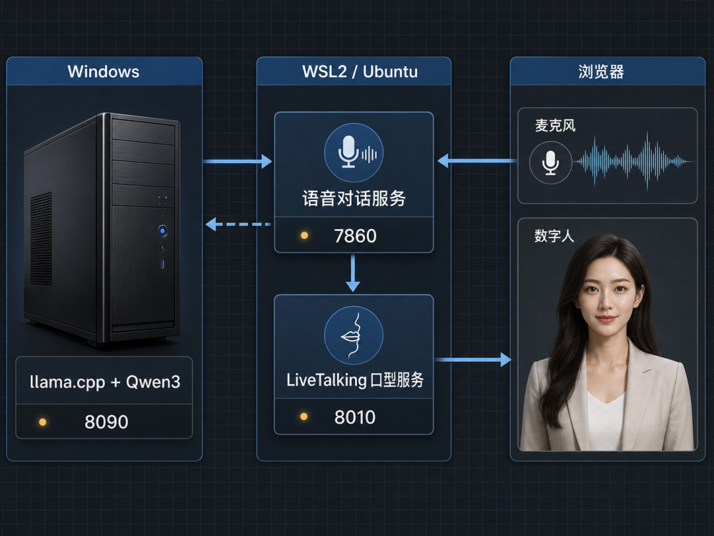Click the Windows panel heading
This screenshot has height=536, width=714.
pos(103,71)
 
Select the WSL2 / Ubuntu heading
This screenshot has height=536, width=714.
pos(360,71)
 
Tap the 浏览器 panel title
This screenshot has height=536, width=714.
pos(601,71)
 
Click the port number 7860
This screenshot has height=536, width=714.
pos(355,236)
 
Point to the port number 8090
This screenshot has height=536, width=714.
pos(106,422)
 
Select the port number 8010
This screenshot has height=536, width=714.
pos(355,417)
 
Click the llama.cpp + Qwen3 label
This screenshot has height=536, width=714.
pos(104,382)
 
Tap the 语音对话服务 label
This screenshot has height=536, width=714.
pos(354,199)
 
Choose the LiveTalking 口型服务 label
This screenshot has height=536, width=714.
pos(355,380)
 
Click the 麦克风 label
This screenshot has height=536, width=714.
pos(555,125)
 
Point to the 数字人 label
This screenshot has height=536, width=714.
pos(554,236)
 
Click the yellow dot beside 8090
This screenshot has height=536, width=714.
pos(42,422)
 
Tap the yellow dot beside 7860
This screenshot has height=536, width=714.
pos(304,235)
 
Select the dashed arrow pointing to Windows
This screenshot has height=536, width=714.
pos(239,224)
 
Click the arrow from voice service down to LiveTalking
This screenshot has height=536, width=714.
pos(352,273)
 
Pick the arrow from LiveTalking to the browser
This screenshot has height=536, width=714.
pos(473,359)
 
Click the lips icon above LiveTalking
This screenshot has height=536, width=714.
pos(353,335)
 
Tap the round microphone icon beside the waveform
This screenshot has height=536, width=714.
pos(551,162)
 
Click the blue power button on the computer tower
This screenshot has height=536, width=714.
pos(163,230)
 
